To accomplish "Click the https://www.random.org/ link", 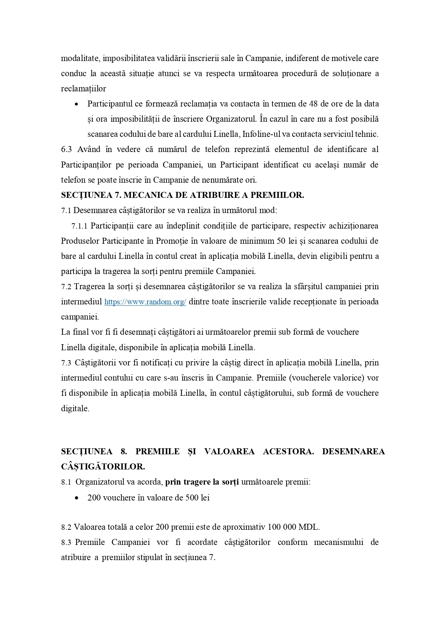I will [x=145, y=302].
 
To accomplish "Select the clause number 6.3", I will [x=66, y=150].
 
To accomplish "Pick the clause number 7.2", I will [x=66, y=287].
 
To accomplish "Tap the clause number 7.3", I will [x=66, y=363].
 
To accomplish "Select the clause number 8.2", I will [x=66, y=527].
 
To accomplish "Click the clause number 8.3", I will [x=66, y=542].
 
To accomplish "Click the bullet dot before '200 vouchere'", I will [x=76, y=498].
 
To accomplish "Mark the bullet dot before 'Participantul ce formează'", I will [x=76, y=104].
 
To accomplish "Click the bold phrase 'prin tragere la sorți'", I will [x=202, y=482].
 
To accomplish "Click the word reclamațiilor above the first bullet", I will [x=83, y=89].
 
